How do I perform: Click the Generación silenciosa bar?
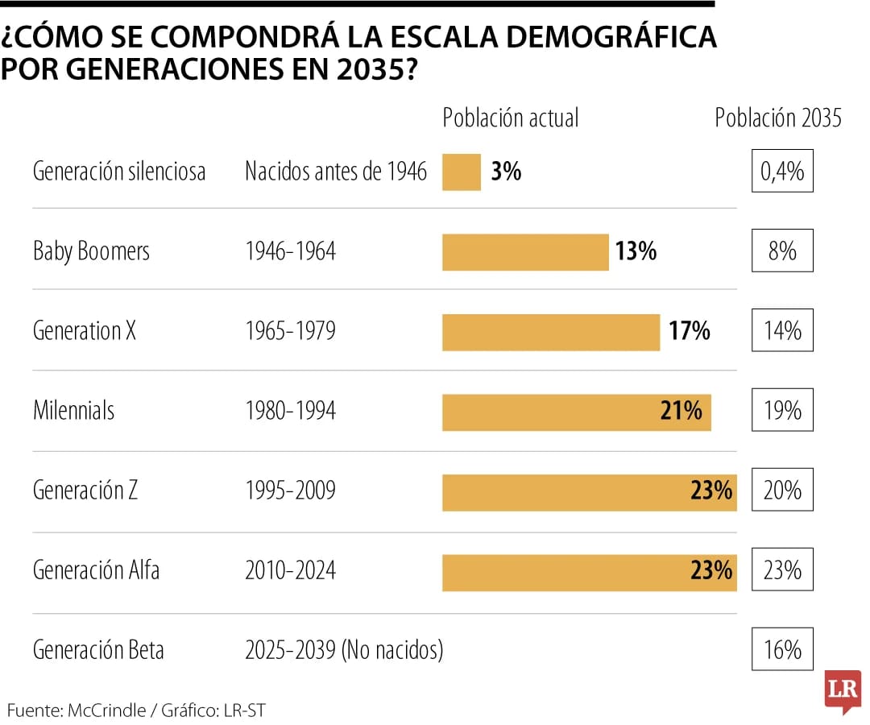coord(462,172)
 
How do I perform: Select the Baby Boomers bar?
coord(525,251)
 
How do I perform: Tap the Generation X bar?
coord(551,332)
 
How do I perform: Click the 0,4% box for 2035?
coord(782,171)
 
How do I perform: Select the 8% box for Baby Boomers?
coord(782,251)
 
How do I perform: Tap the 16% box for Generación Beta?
coord(782,649)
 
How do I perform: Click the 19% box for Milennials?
coord(782,411)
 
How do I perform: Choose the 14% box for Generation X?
coord(782,330)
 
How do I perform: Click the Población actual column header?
coord(511,118)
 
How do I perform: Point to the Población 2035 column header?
coord(778,118)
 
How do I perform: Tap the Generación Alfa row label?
coord(96,570)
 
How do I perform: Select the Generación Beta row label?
coord(98,650)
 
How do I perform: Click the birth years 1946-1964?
coord(290,251)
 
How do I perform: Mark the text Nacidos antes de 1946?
coord(336,172)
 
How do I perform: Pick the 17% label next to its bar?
coord(689,331)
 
